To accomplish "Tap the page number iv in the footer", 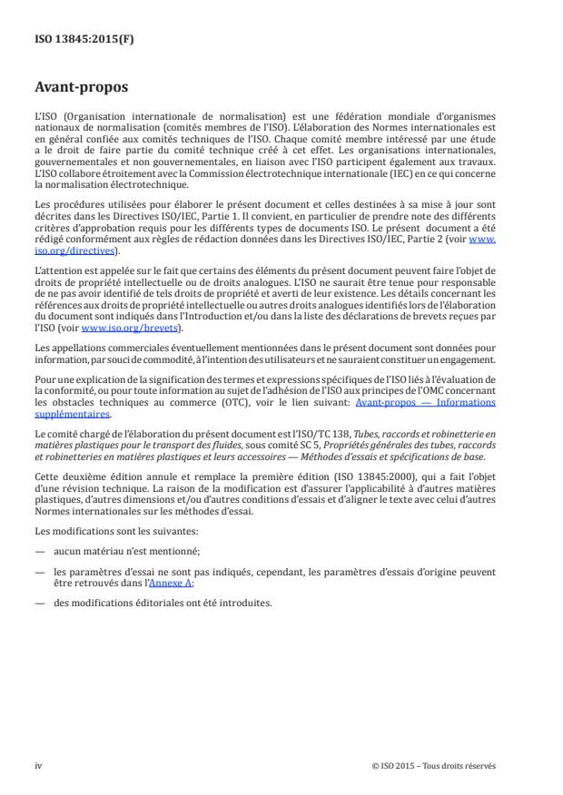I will [38, 765].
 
